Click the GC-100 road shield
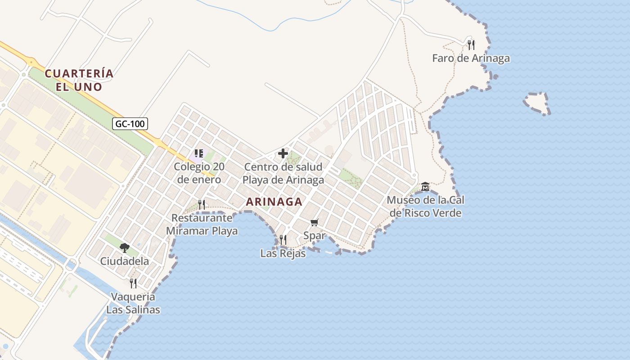pos(130,124)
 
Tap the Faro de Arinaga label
pos(471,58)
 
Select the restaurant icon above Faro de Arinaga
pos(471,45)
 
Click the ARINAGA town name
pos(274,202)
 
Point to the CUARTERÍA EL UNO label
pos(79,80)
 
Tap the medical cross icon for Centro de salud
pos(283,154)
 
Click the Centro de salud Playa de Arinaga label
pos(283,173)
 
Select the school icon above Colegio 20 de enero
pos(199,154)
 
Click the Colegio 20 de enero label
pos(199,173)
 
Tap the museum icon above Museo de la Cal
pos(425,186)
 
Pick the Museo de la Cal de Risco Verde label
pos(426,206)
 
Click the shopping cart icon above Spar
pos(315,222)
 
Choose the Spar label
pos(314,235)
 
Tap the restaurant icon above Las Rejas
pos(283,239)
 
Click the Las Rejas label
pos(283,253)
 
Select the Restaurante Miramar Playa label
pos(202,224)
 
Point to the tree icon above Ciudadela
pos(125,247)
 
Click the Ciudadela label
pos(124,261)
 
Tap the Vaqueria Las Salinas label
pos(133,303)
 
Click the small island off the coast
pos(537,103)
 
